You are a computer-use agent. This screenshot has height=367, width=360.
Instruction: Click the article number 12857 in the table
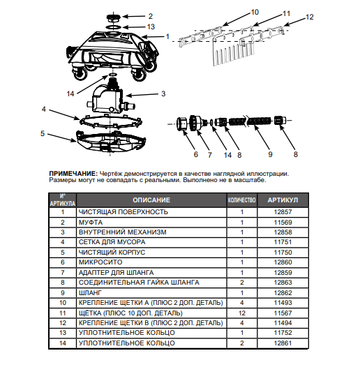click(x=283, y=212)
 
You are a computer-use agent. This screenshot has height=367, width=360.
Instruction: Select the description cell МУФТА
click(x=91, y=223)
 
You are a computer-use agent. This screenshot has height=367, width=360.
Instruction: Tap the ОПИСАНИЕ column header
click(x=151, y=200)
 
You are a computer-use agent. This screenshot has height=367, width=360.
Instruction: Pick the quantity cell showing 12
click(x=242, y=313)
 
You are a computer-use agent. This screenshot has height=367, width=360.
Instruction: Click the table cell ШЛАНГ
click(x=91, y=293)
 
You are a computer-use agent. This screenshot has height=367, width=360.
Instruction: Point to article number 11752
click(x=283, y=333)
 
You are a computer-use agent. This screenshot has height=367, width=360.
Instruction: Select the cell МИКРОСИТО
click(x=100, y=262)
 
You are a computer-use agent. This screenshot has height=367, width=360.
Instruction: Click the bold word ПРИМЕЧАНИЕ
click(x=73, y=174)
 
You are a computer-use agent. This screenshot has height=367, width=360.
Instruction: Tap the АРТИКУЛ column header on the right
click(x=283, y=200)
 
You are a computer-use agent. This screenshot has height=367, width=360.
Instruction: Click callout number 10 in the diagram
click(x=255, y=12)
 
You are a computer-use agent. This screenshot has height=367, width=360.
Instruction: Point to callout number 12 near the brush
click(x=310, y=17)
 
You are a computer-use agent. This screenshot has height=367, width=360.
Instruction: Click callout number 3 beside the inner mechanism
click(x=163, y=93)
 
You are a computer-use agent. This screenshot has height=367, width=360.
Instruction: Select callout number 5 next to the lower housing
click(x=43, y=133)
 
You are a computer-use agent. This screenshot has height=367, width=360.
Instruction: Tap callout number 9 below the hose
click(x=271, y=154)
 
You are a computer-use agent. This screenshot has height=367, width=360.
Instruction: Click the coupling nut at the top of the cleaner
click(x=114, y=17)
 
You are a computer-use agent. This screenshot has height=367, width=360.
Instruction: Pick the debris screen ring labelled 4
click(x=111, y=121)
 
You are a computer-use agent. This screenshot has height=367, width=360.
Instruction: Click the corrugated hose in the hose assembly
click(x=250, y=121)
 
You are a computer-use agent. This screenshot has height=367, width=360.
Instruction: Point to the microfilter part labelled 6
click(x=181, y=123)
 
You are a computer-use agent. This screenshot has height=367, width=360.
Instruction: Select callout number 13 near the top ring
click(x=151, y=27)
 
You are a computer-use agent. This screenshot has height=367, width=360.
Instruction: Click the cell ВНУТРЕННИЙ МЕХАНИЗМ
click(x=122, y=232)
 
